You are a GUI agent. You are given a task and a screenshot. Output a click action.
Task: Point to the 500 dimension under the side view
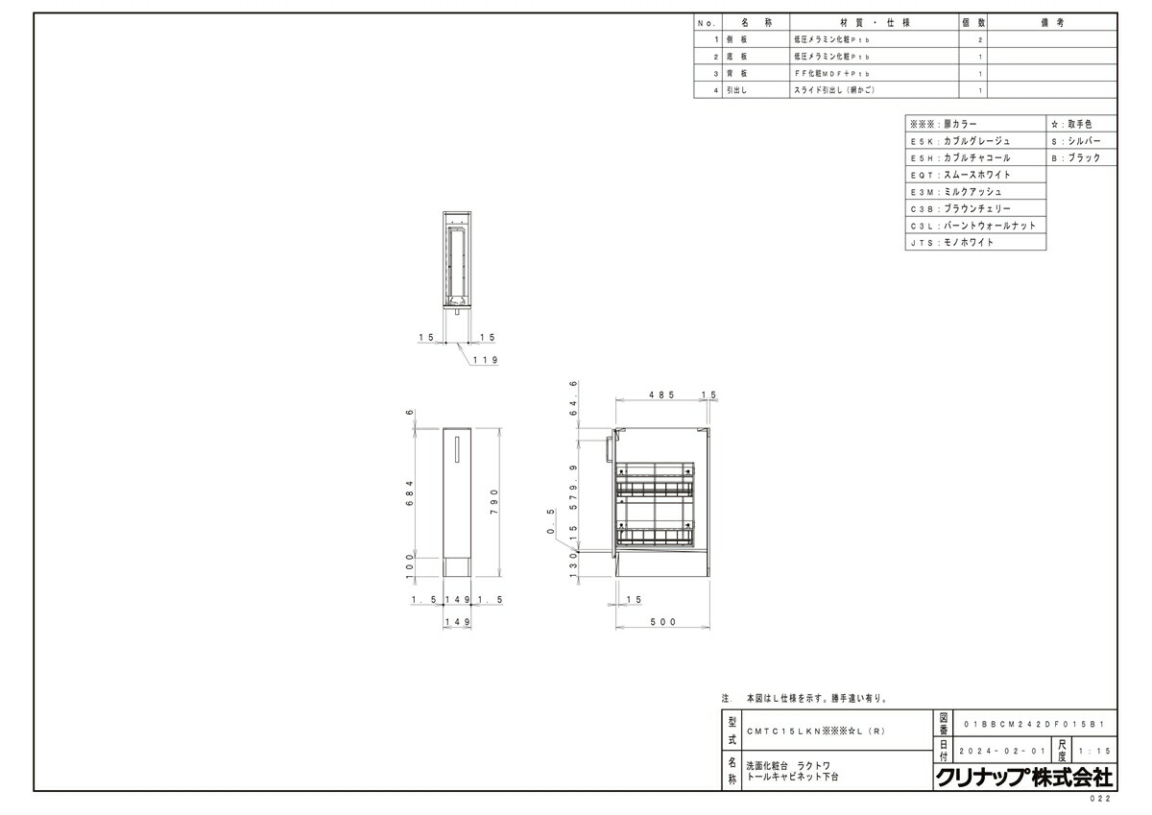[x=663, y=622]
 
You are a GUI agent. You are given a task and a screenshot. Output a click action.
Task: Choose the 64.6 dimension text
[x=574, y=398]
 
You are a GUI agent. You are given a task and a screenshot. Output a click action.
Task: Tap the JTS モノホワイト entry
[x=974, y=243]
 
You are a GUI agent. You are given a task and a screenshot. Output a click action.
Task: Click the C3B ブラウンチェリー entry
[x=974, y=208]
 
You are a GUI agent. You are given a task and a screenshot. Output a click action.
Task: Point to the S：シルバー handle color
[x=1081, y=141]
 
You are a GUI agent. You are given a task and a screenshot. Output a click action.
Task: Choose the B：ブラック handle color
[x=1081, y=158]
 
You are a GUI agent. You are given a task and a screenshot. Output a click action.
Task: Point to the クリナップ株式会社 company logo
[x=1023, y=777]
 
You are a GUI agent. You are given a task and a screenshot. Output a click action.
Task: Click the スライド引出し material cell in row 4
[x=835, y=89]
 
